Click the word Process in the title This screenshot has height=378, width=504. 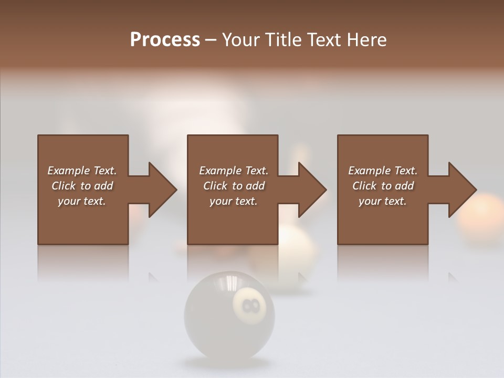tap(165, 40)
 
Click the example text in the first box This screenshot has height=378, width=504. tap(82, 186)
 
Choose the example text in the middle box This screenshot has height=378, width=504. tap(234, 186)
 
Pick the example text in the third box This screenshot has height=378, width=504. tap(383, 186)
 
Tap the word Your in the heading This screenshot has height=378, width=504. tap(240, 40)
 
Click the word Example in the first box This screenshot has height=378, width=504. tap(68, 171)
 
